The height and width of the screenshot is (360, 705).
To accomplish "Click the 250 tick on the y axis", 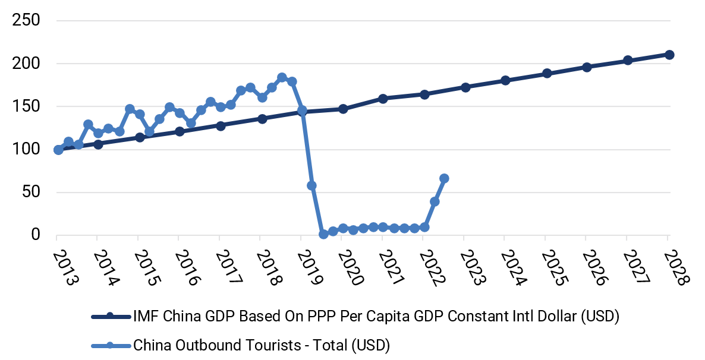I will pos(27,21).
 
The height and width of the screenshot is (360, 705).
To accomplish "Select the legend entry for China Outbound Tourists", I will pos(262,344).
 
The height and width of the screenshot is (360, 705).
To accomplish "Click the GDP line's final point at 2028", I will pos(669,55).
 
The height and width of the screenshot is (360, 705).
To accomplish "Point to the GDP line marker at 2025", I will pos(547,74).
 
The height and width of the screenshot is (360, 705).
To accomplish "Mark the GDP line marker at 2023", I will pos(465,87).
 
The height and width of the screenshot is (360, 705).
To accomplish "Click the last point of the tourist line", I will pos(444,178).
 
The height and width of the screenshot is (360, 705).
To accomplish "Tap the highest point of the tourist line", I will pos(282,78).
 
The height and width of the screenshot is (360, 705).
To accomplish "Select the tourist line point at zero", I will pos(323,234).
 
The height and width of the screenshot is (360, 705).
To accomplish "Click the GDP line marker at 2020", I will pos(343,109).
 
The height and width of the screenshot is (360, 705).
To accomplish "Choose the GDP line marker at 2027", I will pos(628,61).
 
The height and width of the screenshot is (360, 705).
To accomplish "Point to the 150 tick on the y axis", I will pos(27,106).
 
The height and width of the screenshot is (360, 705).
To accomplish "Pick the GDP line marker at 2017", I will pos(221,126).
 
